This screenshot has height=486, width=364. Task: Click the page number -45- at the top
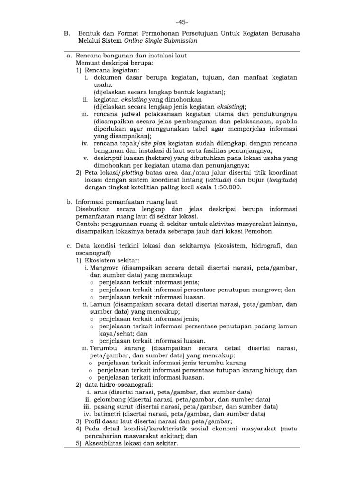pyautogui.click(x=182, y=22)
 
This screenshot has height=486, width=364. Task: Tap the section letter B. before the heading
pyautogui.click(x=67, y=34)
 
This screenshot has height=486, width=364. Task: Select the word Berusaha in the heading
pyautogui.click(x=282, y=34)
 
